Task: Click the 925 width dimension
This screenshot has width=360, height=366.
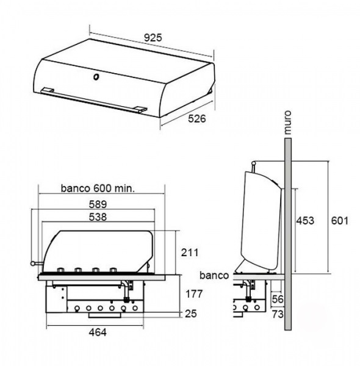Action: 153,38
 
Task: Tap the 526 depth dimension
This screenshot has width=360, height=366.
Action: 197,118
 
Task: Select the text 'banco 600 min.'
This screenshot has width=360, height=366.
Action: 98,188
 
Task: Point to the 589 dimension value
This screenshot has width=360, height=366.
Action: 98,204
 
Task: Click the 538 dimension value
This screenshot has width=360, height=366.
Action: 98,217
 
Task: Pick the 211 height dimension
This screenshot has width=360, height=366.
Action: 190,253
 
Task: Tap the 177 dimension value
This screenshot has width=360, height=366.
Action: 194,294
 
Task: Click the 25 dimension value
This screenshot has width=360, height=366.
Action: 191,314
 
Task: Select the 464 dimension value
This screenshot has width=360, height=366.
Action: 98,332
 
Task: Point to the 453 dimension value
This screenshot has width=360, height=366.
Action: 305,221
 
